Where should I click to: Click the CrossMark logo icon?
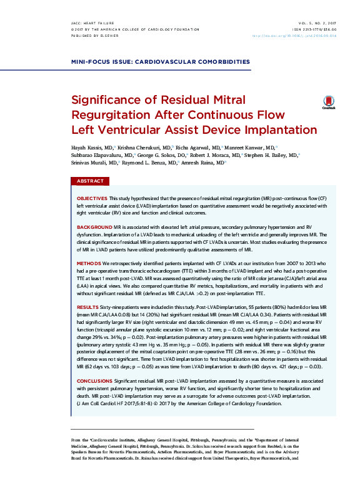[x=328, y=103]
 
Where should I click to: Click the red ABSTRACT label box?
[x=91, y=181]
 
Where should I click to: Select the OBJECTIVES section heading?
[x=91, y=198]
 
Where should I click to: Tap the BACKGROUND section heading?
[x=94, y=227]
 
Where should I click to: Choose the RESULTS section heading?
[x=87, y=308]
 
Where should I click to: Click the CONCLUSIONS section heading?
[x=95, y=380]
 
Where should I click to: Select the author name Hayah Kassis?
[x=87, y=144]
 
